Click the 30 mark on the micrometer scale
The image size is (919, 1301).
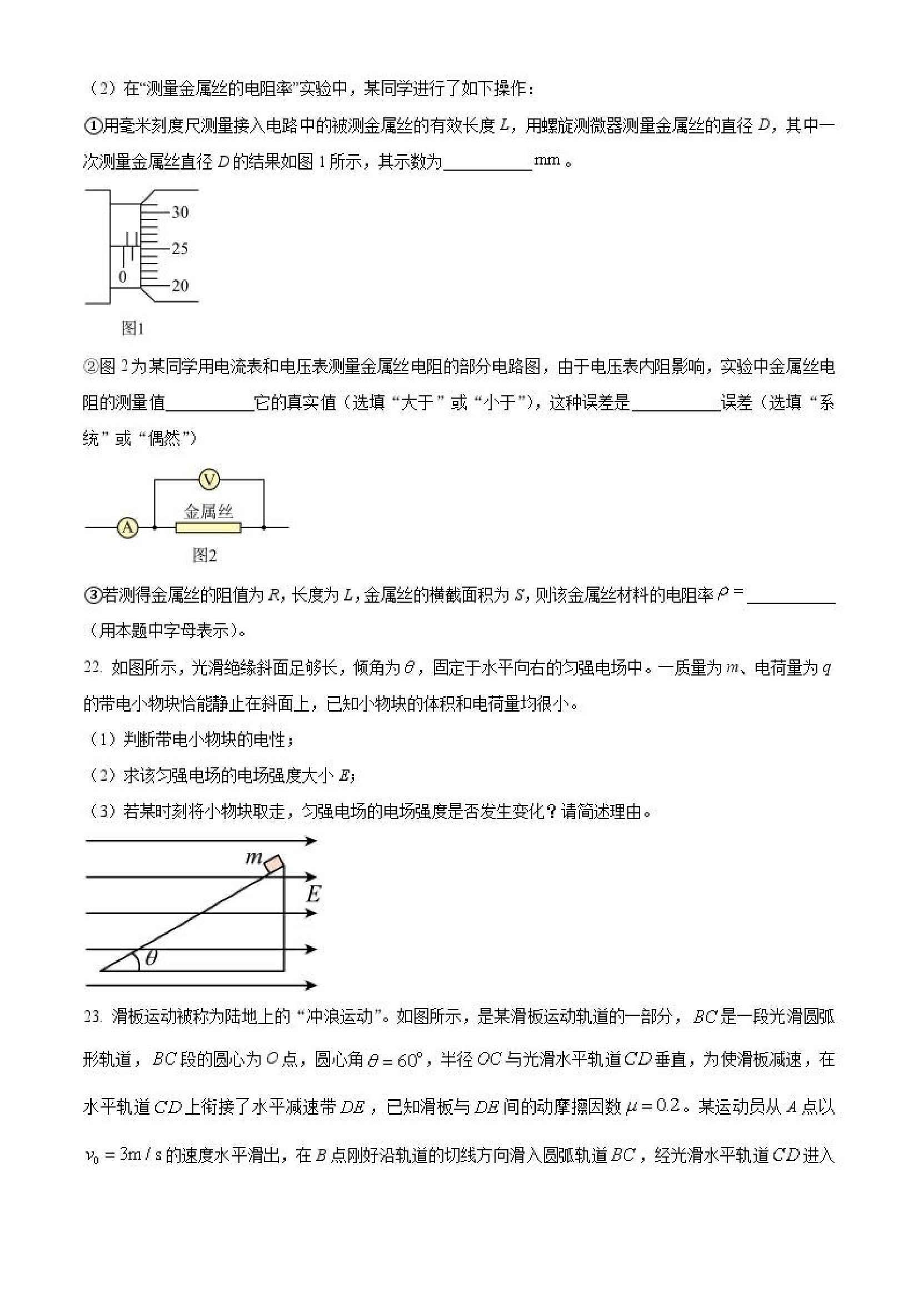pos(179,212)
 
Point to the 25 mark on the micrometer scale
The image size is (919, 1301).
pos(179,249)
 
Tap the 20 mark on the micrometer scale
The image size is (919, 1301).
pos(179,285)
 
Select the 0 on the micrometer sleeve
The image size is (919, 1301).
pos(122,277)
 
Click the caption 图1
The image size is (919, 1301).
pos(132,328)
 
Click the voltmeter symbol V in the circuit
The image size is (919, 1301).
pos(209,480)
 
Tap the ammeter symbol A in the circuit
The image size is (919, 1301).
pos(128,528)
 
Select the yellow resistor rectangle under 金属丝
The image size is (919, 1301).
pos(208,528)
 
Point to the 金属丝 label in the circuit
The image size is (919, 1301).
pos(208,512)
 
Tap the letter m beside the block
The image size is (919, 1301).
pos(253,858)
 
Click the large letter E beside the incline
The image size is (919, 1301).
pos(313,895)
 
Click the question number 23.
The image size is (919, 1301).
pos(93,1016)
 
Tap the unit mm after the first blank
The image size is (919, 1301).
pos(546,160)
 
